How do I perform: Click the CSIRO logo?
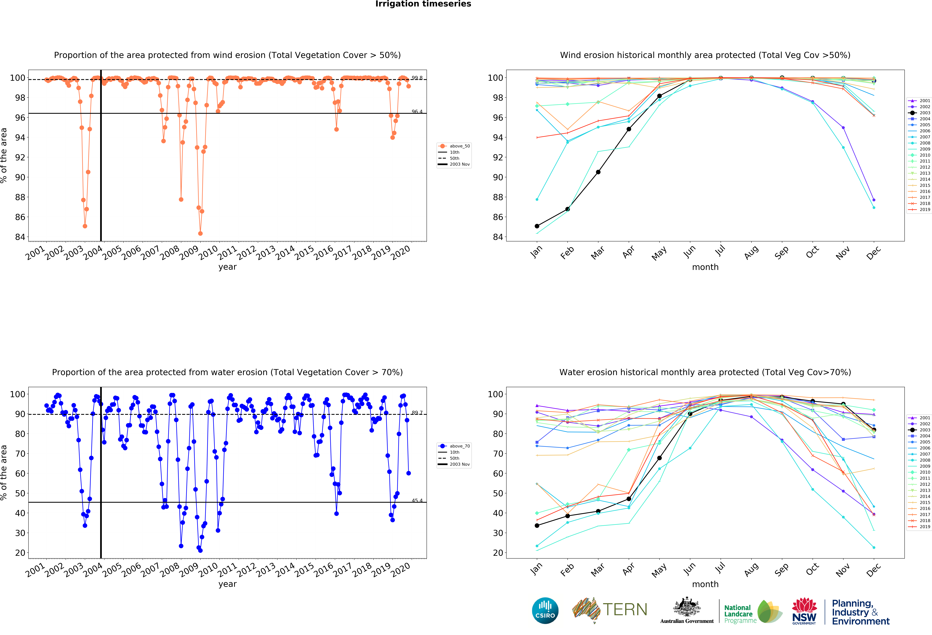coord(545,611)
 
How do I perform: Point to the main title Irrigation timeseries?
coord(423,4)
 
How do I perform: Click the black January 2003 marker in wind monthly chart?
coord(537,226)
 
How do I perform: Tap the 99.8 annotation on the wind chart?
coord(417,78)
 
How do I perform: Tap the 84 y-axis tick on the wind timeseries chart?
coord(20,237)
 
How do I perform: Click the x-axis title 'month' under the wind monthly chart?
coord(705,267)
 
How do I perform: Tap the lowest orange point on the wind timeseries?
coord(200,233)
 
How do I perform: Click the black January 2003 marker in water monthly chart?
coord(537,526)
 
